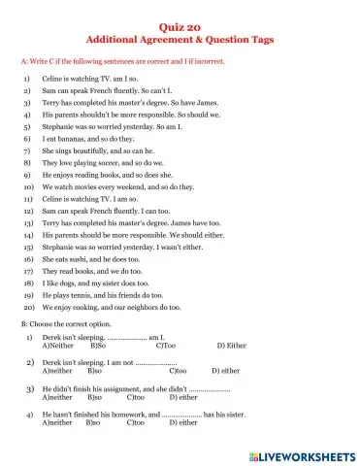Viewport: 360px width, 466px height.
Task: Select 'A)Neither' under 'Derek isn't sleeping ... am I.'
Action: [59, 345]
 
